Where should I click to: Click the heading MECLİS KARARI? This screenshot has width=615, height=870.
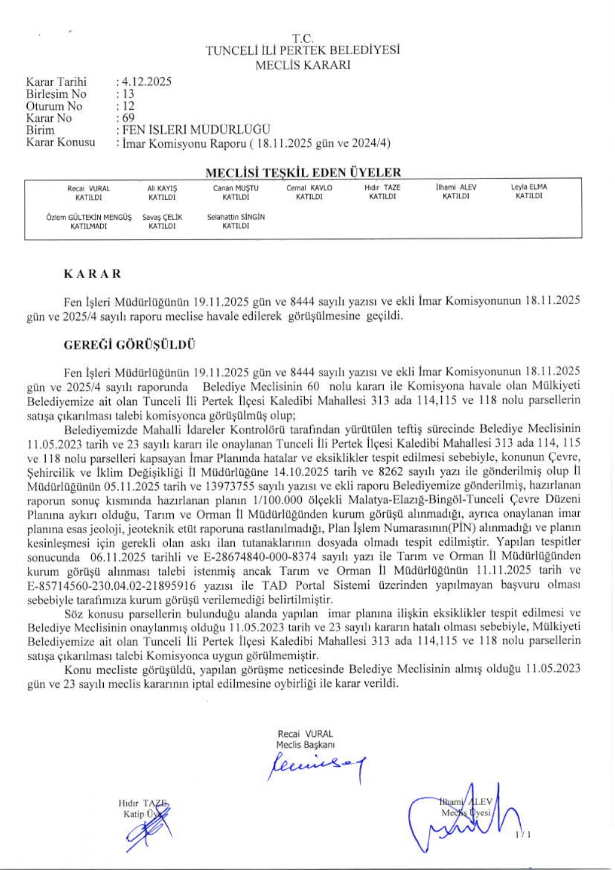tap(303, 65)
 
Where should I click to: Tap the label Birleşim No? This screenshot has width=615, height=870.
tap(56, 94)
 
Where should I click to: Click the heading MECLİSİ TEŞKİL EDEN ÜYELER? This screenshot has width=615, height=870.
tap(303, 173)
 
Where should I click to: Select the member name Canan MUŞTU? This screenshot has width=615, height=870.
tap(236, 188)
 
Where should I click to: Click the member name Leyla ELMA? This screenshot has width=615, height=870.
tap(529, 187)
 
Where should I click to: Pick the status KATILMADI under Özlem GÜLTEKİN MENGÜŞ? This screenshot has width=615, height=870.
tap(89, 226)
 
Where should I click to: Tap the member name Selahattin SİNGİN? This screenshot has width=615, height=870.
tap(236, 217)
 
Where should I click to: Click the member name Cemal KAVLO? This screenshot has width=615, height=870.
tap(309, 188)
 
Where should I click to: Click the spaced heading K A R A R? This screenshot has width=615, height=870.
tap(92, 274)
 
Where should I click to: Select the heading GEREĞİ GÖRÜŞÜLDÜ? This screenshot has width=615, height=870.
tap(129, 345)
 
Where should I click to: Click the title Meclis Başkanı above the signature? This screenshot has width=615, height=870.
tap(305, 745)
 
